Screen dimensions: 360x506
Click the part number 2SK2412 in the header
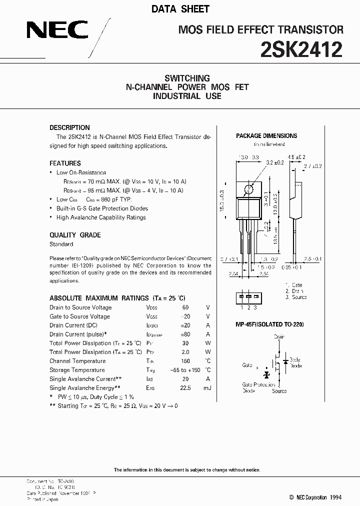(301, 50)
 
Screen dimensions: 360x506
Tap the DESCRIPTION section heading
(69, 127)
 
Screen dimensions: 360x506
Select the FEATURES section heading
(65, 163)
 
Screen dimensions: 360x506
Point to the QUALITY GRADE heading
(75, 235)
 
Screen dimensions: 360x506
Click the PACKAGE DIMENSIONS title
(266, 136)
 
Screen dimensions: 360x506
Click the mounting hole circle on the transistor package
(248, 188)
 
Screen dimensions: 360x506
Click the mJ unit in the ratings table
(207, 388)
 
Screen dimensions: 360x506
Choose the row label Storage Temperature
(77, 370)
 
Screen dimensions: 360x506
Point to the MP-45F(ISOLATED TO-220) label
(269, 324)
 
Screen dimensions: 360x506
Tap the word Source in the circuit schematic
(279, 391)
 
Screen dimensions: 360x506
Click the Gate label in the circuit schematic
(247, 365)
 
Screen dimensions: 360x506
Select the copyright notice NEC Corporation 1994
(315, 497)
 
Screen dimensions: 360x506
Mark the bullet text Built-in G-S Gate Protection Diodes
(102, 208)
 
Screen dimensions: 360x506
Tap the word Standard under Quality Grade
(61, 244)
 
